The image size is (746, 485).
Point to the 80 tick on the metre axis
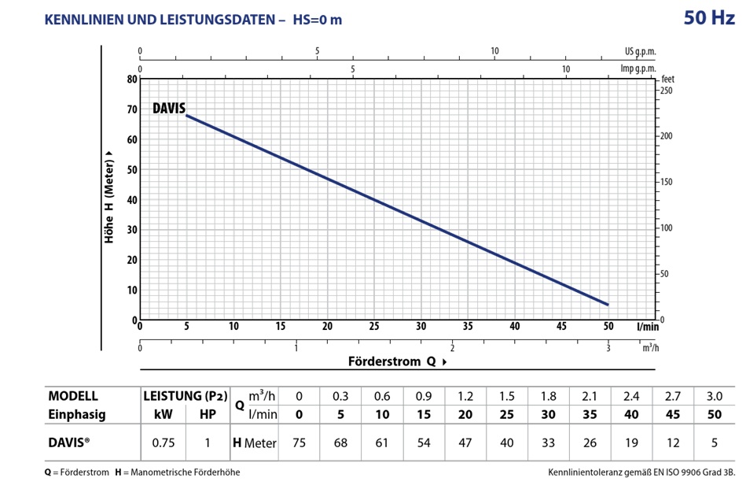(132, 80)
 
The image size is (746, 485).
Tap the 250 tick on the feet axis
(667, 91)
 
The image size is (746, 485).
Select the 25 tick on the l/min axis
(373, 326)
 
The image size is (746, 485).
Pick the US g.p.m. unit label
(640, 52)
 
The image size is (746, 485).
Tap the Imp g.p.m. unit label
(638, 68)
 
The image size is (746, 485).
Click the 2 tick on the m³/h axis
(452, 349)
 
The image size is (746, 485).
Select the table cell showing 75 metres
(298, 442)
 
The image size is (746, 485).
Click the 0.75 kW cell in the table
(163, 442)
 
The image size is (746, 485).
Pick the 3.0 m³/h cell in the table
(714, 395)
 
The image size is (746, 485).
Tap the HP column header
(207, 414)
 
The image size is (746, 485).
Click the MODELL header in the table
(73, 395)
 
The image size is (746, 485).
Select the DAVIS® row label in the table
(69, 442)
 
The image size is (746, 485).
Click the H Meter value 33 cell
(547, 442)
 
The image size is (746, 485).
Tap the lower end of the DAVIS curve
(607, 304)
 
